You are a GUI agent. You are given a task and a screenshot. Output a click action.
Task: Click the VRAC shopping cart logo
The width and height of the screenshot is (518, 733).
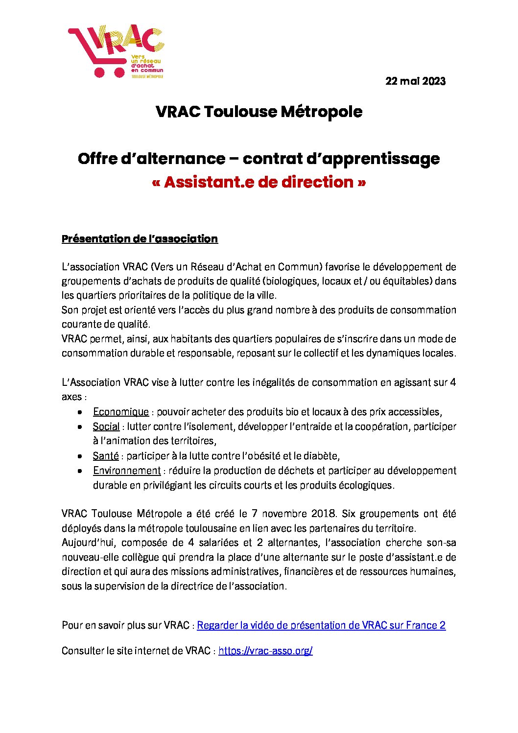[116, 51]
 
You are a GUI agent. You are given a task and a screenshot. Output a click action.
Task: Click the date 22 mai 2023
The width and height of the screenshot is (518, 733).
[415, 81]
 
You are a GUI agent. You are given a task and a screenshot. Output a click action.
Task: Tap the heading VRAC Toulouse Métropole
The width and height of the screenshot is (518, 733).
[259, 112]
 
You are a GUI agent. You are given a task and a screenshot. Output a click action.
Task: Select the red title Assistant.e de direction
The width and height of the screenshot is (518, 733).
[259, 182]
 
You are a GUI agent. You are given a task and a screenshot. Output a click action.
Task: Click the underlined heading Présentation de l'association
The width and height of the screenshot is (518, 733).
[140, 239]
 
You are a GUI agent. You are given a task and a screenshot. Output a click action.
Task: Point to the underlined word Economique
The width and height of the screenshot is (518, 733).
[121, 412]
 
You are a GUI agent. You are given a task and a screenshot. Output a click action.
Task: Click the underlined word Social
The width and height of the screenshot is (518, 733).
[106, 426]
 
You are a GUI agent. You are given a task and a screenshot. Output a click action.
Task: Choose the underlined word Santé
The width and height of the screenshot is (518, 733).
[106, 456]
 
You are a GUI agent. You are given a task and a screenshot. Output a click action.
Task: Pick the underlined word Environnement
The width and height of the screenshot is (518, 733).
[127, 471]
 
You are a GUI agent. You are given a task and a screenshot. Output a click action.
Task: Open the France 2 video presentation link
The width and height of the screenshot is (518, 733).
[321, 625]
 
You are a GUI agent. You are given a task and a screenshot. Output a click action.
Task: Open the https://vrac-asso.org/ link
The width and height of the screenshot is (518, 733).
[265, 651]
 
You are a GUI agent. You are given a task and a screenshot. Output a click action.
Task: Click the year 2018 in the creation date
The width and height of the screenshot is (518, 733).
[324, 514]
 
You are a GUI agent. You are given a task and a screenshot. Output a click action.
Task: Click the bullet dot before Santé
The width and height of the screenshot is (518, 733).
[80, 456]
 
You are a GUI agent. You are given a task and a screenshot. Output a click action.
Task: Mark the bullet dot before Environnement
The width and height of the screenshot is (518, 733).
[80, 471]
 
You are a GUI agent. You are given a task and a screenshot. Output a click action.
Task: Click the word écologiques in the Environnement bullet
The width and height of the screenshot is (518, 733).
[365, 485]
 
